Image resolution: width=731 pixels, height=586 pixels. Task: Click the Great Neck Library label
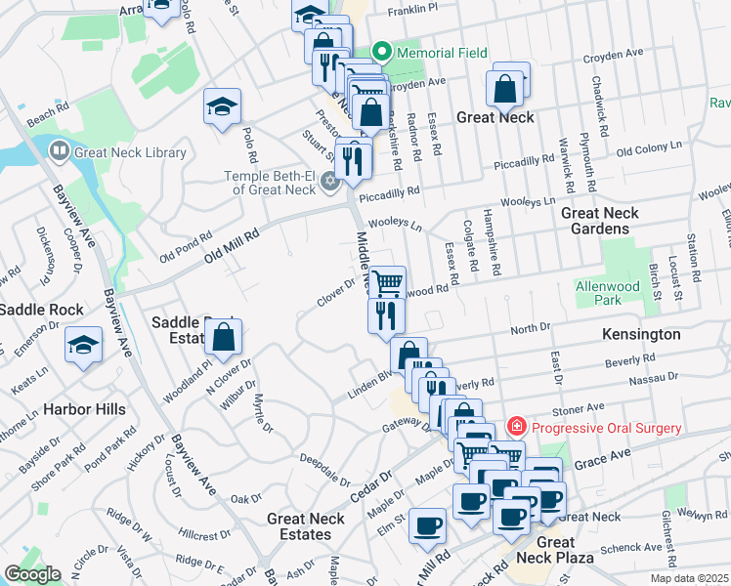tap(130, 152)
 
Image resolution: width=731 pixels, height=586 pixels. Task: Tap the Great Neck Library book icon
tap(59, 151)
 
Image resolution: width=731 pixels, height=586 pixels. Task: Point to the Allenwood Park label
tap(634, 294)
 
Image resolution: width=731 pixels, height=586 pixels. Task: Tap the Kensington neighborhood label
tap(642, 334)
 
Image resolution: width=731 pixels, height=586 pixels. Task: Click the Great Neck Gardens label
tap(600, 221)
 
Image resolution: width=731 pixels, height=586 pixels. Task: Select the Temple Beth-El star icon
tap(330, 180)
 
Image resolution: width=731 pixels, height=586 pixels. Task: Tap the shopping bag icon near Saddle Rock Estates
tap(224, 337)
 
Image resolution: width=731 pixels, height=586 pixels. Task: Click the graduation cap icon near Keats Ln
tap(83, 344)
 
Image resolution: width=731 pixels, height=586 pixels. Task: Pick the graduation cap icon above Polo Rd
tap(222, 105)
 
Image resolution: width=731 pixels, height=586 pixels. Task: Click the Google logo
tap(32, 574)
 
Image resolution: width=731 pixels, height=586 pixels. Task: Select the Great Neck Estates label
tap(306, 526)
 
